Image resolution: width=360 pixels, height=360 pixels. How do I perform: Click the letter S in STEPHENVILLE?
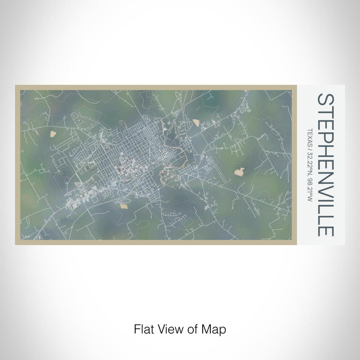pyautogui.click(x=327, y=100)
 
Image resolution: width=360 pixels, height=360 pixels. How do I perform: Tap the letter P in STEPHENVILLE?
pyautogui.click(x=327, y=135)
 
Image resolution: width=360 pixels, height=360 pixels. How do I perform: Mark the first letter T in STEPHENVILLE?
pyautogui.click(x=327, y=112)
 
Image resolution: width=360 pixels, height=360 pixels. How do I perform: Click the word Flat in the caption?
pyautogui.click(x=142, y=328)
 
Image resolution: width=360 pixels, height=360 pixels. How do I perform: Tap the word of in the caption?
pyautogui.click(x=187, y=328)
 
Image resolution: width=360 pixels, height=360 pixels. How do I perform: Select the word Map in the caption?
pyautogui.click(x=209, y=328)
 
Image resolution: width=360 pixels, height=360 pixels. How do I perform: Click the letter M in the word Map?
pyautogui.click(x=203, y=328)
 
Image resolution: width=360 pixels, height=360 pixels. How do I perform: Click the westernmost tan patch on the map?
pyautogui.click(x=55, y=135)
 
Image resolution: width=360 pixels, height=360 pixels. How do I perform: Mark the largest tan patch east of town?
pyautogui.click(x=240, y=171)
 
